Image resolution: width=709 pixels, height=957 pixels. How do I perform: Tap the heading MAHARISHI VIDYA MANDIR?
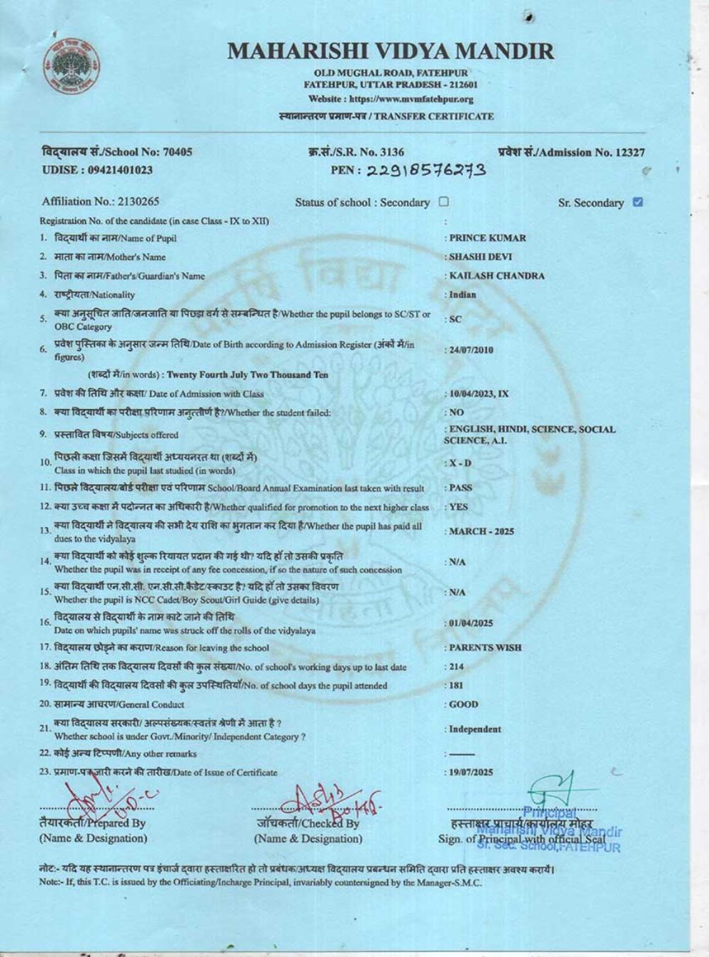click(391, 51)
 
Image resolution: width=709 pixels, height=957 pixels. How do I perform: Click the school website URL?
click(391, 99)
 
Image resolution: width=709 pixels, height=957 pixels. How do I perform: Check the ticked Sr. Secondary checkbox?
click(637, 202)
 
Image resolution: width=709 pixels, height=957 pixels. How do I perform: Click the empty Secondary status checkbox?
click(444, 201)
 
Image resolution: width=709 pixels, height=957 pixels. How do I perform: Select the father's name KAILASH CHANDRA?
click(496, 276)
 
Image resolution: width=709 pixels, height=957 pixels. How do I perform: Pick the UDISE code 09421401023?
click(119, 170)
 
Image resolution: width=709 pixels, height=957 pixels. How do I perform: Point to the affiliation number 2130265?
click(128, 201)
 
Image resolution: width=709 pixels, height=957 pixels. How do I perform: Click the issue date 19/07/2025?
click(471, 772)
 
